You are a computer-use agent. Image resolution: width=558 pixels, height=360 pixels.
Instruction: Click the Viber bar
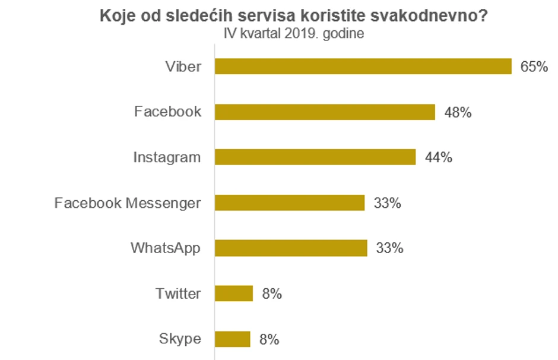pos(363,67)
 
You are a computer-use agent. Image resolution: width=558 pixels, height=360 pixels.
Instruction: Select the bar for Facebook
pos(325,112)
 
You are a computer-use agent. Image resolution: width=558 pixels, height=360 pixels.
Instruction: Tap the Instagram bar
pos(315,157)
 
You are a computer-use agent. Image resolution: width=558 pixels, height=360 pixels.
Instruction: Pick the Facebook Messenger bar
pos(289,203)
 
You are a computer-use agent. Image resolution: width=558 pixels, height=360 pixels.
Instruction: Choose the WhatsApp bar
pos(291,248)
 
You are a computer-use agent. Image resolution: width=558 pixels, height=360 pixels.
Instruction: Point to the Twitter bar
pos(233,293)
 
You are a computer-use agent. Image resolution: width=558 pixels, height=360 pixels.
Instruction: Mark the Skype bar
pos(232,339)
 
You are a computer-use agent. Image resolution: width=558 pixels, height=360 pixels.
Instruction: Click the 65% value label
pos(534,67)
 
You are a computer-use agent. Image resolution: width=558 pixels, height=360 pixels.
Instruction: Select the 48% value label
pos(458,112)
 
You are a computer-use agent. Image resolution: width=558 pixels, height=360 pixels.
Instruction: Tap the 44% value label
pos(439,157)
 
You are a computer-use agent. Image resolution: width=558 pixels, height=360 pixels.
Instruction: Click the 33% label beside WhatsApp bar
pos(389,248)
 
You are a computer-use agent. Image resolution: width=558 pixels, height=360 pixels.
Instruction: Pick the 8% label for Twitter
pos(271,293)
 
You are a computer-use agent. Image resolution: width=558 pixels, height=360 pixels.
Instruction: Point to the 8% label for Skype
pos(269,340)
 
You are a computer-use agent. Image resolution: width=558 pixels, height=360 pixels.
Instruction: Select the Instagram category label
pos(167,157)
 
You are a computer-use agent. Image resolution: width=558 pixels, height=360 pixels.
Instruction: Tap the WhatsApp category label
pos(166,248)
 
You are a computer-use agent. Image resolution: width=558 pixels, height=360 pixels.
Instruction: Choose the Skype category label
pos(180,340)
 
